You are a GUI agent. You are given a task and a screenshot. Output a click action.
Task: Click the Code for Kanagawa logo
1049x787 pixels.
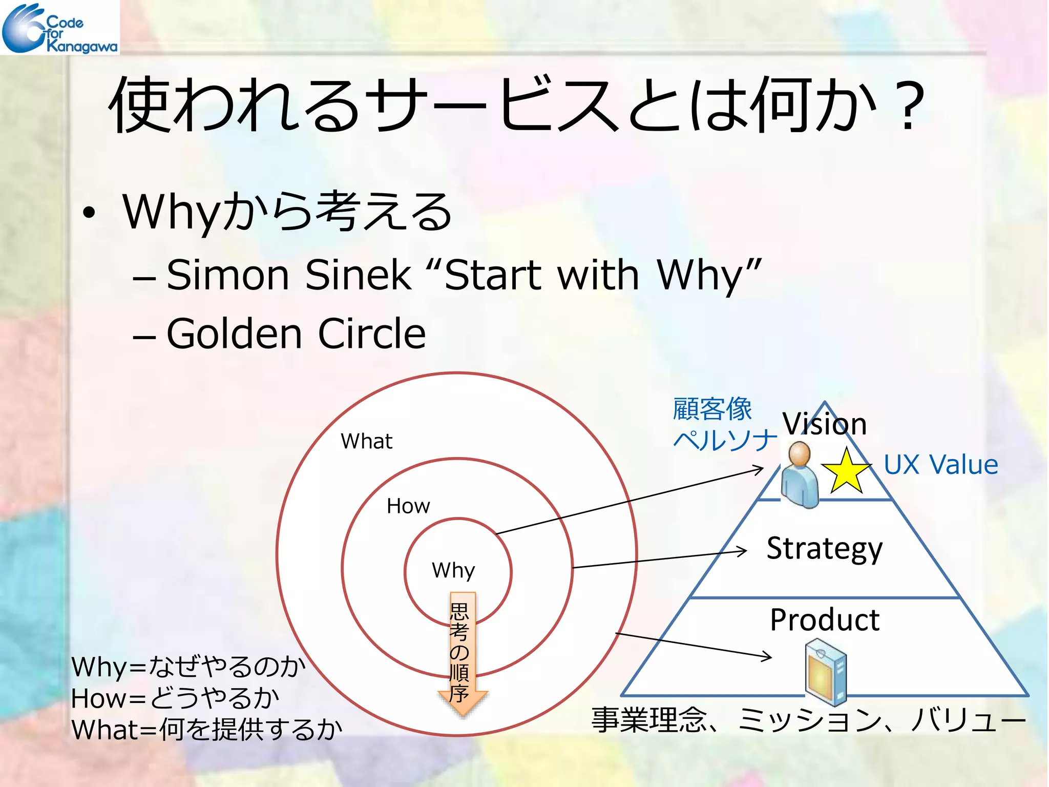59,28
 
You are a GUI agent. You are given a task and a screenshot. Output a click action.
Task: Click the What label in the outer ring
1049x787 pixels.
366,441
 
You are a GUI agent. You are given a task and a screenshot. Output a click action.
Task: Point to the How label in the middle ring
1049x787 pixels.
408,506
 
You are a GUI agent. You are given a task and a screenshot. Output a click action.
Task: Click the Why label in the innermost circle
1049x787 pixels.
453,570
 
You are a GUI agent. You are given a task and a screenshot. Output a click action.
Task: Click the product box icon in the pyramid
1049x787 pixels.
825,671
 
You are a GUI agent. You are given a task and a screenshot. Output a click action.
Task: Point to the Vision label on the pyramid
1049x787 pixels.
824,424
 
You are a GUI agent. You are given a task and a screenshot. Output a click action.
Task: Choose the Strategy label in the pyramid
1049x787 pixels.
824,549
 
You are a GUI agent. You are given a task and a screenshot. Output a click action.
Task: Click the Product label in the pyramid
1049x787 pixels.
824,620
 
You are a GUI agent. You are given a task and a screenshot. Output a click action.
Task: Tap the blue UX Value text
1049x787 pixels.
940,465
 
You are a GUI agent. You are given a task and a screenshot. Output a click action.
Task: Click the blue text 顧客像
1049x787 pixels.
712,409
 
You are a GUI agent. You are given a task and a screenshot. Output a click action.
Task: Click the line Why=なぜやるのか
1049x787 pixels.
188,667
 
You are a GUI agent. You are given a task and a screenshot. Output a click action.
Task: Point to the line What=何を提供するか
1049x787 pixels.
206,730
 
